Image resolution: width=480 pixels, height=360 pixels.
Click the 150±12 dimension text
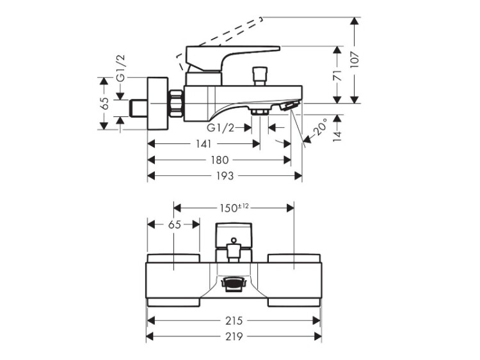pyautogui.click(x=234, y=208)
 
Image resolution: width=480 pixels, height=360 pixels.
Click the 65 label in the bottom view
pyautogui.click(x=174, y=224)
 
